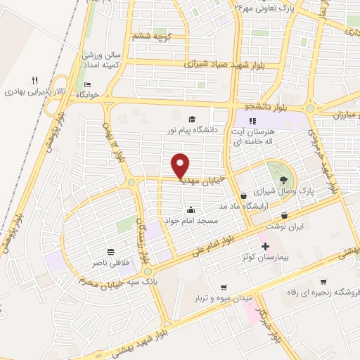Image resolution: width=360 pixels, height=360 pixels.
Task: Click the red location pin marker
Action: tap(181, 166)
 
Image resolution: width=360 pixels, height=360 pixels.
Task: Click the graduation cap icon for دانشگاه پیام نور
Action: tap(191, 119)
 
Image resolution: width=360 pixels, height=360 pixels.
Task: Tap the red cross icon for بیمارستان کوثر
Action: tap(264, 247)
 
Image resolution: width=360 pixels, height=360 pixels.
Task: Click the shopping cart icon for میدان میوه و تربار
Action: tap(224, 287)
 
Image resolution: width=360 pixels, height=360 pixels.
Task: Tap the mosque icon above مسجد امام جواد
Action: tap(191, 210)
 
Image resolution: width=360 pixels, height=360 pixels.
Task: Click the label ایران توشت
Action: tap(283, 227)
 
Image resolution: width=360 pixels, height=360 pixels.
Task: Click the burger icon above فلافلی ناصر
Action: tap(111, 252)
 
